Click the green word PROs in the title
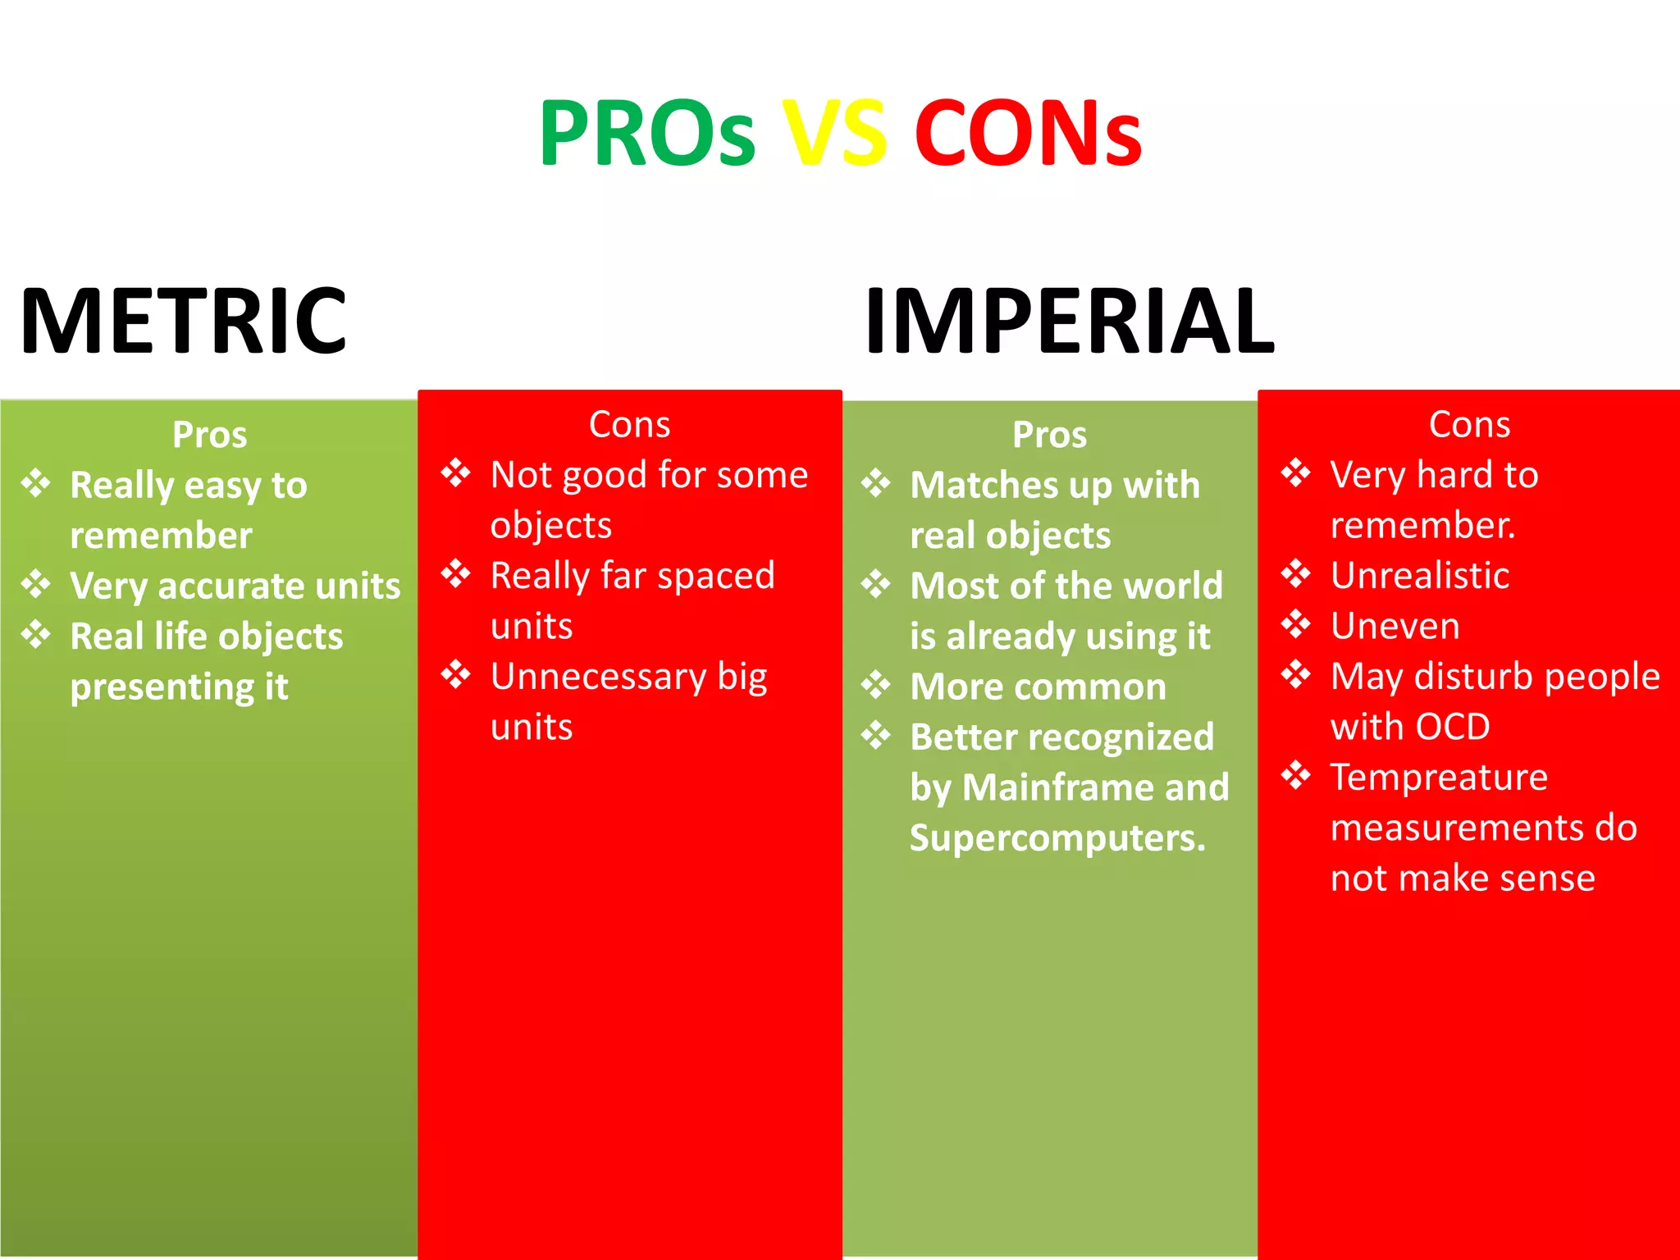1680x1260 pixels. (x=646, y=133)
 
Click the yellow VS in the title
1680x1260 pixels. (x=834, y=133)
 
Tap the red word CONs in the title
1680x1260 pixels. (x=1028, y=133)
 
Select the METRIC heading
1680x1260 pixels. (x=184, y=322)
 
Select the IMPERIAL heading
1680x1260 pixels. (x=1070, y=322)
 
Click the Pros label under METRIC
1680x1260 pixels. (x=209, y=435)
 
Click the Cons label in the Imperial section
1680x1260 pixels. (x=1469, y=425)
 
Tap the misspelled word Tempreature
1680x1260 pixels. (x=1439, y=777)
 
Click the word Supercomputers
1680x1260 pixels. (x=1057, y=838)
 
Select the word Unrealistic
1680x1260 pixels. (x=1420, y=575)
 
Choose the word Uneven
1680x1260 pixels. (x=1395, y=626)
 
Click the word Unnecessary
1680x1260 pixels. (x=598, y=677)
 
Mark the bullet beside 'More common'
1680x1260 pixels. (x=876, y=686)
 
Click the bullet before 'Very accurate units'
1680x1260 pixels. (x=36, y=585)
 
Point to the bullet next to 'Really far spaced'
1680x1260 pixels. (x=456, y=574)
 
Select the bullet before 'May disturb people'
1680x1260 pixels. (x=1296, y=675)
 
